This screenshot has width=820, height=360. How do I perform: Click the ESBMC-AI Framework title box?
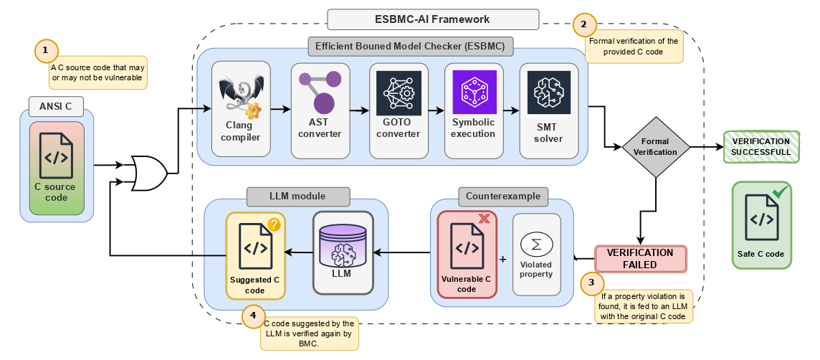(433, 19)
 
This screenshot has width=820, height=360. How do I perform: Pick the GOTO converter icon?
(399, 93)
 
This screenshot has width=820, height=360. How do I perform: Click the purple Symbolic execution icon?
(474, 92)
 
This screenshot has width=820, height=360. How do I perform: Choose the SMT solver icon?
(548, 93)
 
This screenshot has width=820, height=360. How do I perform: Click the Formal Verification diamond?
(656, 147)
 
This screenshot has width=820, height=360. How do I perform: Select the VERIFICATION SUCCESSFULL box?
(761, 147)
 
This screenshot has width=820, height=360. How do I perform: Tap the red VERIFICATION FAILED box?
(640, 259)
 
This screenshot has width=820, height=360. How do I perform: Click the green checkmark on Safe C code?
(781, 191)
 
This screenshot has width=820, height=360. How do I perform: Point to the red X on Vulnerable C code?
(484, 218)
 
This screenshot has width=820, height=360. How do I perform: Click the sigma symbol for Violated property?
(537, 244)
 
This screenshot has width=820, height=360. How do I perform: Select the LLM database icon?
(343, 244)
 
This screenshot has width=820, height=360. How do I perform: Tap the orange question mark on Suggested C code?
(274, 224)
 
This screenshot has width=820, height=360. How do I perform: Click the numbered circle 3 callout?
(591, 283)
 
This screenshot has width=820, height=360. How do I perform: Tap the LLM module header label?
(297, 196)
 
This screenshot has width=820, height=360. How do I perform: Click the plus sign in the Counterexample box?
(502, 259)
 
